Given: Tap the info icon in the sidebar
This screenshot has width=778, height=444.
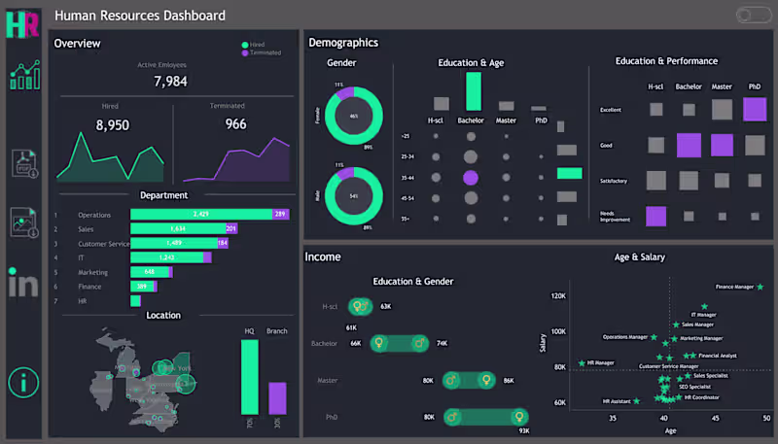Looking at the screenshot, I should pos(22,382).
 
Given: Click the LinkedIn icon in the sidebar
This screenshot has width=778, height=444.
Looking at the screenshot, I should pos(22,283).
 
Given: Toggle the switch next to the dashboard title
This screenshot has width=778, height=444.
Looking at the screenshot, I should pos(753,15).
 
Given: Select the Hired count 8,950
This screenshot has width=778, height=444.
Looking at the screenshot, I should pos(113,124).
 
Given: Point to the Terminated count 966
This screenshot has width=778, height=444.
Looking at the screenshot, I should pos(235,124).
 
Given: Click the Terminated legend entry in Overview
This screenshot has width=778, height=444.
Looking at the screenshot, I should pos(265,52).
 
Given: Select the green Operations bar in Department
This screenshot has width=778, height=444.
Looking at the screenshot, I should pos(199,215).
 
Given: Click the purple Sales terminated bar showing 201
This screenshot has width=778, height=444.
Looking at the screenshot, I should pos(231,229).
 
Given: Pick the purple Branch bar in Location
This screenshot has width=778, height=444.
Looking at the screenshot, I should pos(277,397).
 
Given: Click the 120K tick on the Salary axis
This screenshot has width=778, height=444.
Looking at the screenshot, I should pos(558,295).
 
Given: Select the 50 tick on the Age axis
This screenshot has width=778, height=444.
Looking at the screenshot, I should pos(766,419).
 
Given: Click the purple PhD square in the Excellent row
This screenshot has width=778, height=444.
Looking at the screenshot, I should pos(755,109).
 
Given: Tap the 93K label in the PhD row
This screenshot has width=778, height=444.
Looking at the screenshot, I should pos(524,430).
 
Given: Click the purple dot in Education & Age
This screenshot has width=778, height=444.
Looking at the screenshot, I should pos(471,178).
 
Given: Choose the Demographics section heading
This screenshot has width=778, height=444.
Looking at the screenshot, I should pos(343,43).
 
